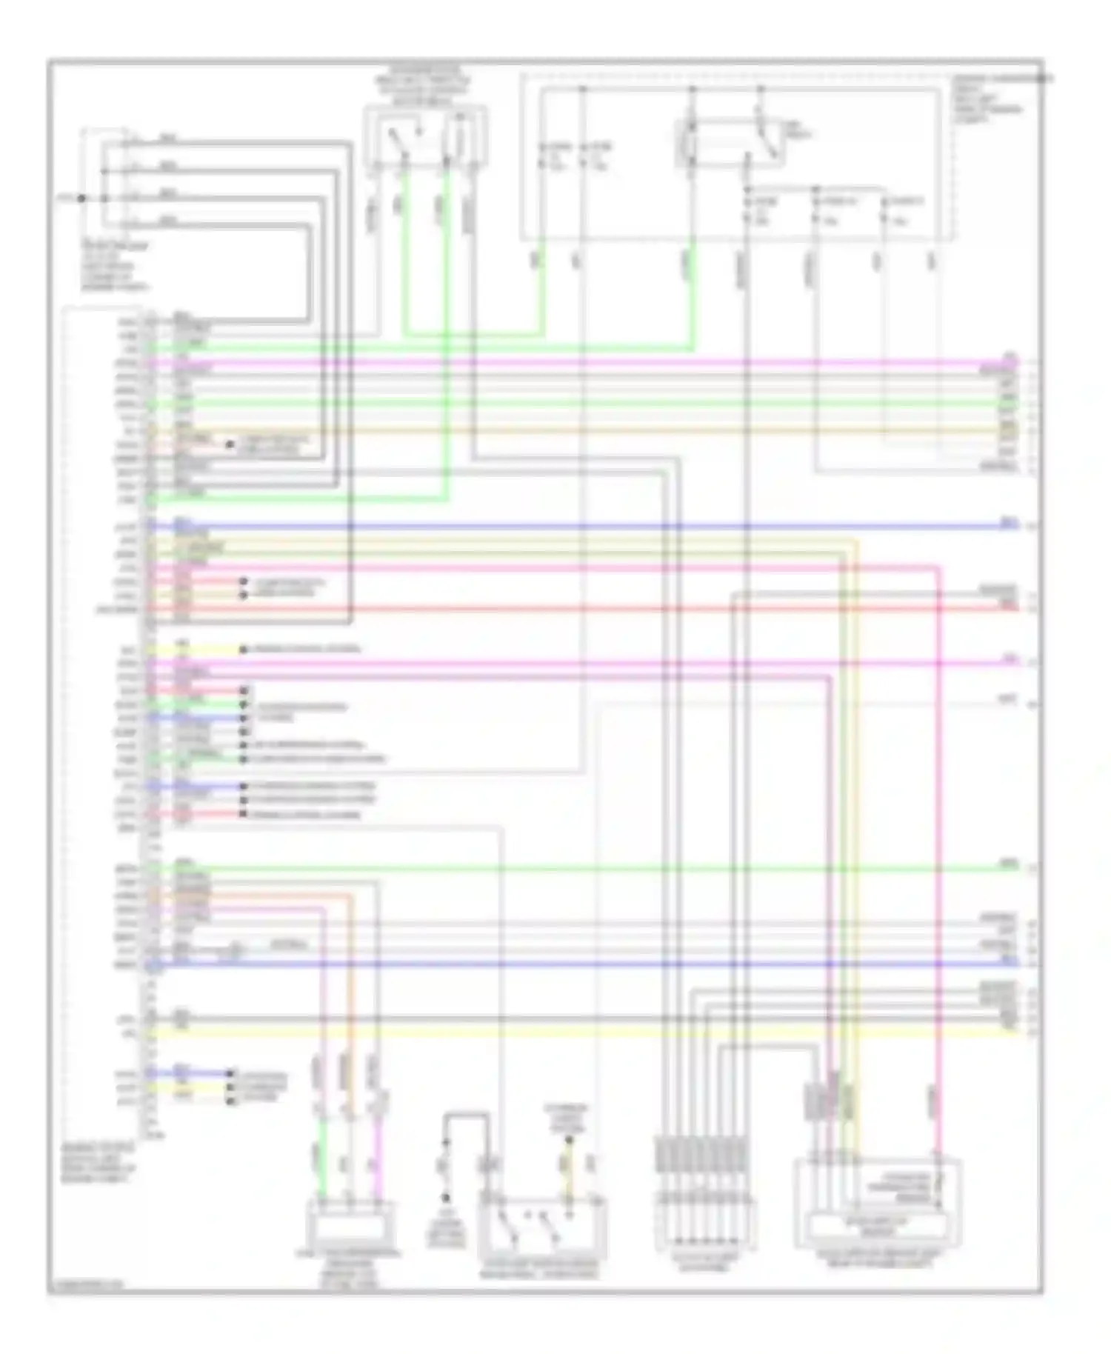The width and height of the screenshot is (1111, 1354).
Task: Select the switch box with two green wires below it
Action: [425, 138]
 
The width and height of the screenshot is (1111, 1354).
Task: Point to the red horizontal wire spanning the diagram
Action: [593, 609]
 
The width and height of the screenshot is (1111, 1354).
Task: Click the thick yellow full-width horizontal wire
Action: [593, 1030]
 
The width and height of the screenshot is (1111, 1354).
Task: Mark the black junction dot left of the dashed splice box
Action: [81, 199]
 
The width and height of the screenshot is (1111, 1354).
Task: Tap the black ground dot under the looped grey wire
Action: [446, 1198]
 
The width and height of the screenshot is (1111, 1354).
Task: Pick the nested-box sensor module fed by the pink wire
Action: [878, 1204]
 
